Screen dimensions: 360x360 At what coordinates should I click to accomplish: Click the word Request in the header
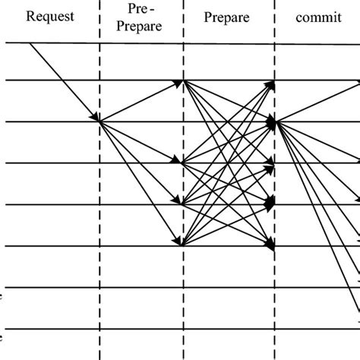click(x=49, y=15)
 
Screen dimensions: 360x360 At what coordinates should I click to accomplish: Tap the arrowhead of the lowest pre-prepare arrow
click(x=180, y=243)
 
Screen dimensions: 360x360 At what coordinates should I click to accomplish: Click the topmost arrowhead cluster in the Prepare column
click(x=271, y=81)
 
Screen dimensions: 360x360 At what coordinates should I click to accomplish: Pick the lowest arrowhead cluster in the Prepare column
click(x=271, y=245)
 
